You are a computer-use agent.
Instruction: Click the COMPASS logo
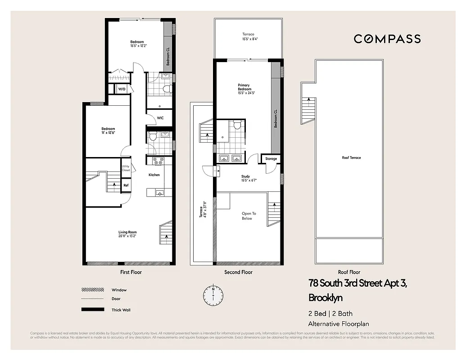click(387, 39)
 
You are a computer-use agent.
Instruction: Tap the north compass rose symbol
click(213, 295)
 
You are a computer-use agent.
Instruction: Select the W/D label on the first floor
click(122, 89)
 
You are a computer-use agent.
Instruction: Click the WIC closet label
click(160, 118)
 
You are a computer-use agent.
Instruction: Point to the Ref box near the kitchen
click(126, 185)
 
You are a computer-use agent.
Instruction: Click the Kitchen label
click(154, 175)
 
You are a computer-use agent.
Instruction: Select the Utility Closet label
click(126, 168)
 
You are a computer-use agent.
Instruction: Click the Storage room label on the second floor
click(271, 159)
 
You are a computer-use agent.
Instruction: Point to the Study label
click(245, 176)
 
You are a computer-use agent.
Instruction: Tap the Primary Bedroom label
click(244, 87)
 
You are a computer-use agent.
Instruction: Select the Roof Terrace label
click(351, 157)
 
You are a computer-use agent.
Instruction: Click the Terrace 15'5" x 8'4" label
click(248, 36)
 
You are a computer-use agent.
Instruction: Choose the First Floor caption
click(131, 272)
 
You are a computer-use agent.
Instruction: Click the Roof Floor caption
click(349, 272)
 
